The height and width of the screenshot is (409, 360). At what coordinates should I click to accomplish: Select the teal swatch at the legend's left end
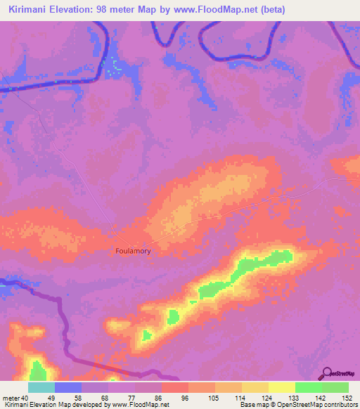point(41,387)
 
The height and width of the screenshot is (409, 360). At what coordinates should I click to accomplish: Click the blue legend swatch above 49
point(68,387)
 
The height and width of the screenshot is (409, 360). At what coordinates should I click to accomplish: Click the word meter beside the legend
point(9,398)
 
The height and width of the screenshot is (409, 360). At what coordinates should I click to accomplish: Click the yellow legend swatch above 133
point(282,387)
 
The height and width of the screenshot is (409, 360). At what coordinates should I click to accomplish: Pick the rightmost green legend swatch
point(335,387)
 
